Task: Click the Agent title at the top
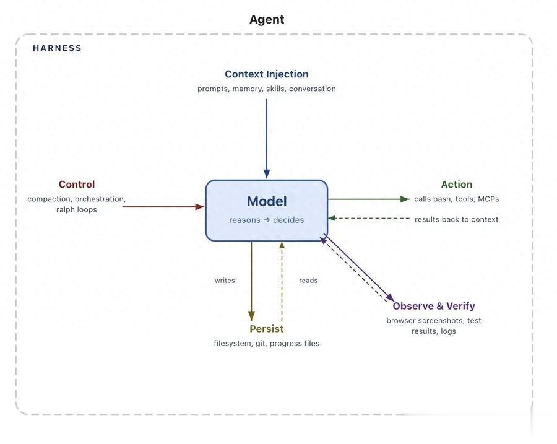pos(267,19)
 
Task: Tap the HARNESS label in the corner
pos(57,48)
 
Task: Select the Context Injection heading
pos(266,74)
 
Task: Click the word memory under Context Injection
pos(248,89)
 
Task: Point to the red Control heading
pos(77,185)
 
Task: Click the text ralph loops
pos(77,209)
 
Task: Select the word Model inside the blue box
pos(267,201)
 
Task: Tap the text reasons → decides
pos(267,220)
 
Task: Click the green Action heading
pos(456,185)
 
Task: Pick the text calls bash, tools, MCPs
pos(456,199)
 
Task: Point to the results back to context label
pos(456,219)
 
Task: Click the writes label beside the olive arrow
pos(225,281)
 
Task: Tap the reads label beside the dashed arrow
pos(308,281)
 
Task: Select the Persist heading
pos(266,329)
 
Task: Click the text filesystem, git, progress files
pos(267,343)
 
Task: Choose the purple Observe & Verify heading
pos(433,306)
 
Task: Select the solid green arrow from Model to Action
pos(368,199)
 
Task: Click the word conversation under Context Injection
pos(313,89)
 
